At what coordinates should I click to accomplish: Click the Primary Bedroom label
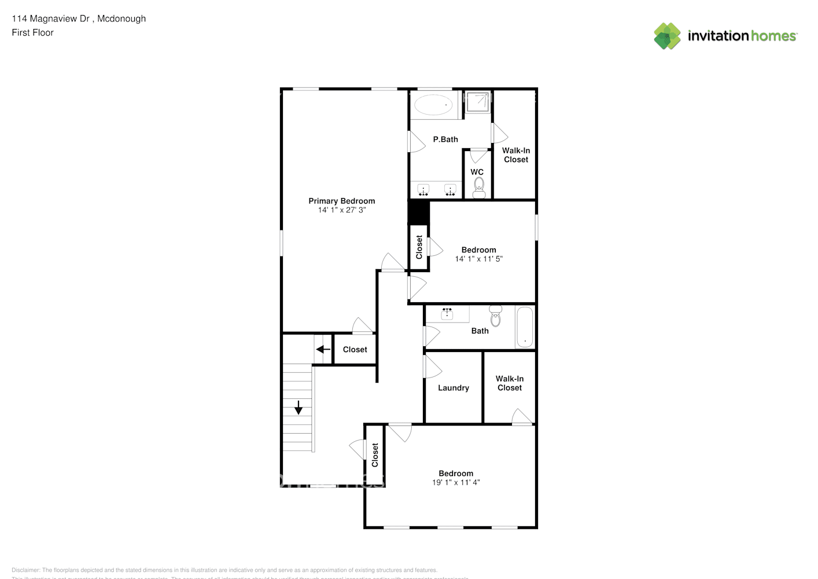pyautogui.click(x=341, y=201)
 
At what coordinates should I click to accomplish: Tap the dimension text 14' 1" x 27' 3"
pyautogui.click(x=341, y=210)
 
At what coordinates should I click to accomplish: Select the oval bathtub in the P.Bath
pyautogui.click(x=433, y=105)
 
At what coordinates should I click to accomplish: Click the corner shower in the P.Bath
pyautogui.click(x=478, y=102)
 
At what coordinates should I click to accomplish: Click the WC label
pyautogui.click(x=477, y=172)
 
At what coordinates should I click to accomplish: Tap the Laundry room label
pyautogui.click(x=453, y=388)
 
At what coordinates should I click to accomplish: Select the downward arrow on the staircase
pyautogui.click(x=299, y=407)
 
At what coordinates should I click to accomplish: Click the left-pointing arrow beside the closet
pyautogui.click(x=323, y=349)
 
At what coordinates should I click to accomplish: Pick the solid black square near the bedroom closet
pyautogui.click(x=418, y=211)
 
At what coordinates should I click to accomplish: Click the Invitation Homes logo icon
pyautogui.click(x=668, y=36)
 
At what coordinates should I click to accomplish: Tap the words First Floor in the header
pyautogui.click(x=32, y=32)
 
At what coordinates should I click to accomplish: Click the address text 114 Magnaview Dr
pyautogui.click(x=50, y=19)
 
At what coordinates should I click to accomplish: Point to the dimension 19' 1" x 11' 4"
pyautogui.click(x=456, y=482)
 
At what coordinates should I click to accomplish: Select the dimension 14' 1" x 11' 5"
pyautogui.click(x=478, y=259)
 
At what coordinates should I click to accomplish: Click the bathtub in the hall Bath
pyautogui.click(x=524, y=327)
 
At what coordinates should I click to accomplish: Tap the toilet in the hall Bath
pyautogui.click(x=495, y=317)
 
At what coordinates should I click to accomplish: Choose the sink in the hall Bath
pyautogui.click(x=447, y=314)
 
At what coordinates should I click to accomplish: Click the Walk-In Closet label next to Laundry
pyautogui.click(x=509, y=383)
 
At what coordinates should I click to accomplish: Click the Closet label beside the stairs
pyautogui.click(x=355, y=350)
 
